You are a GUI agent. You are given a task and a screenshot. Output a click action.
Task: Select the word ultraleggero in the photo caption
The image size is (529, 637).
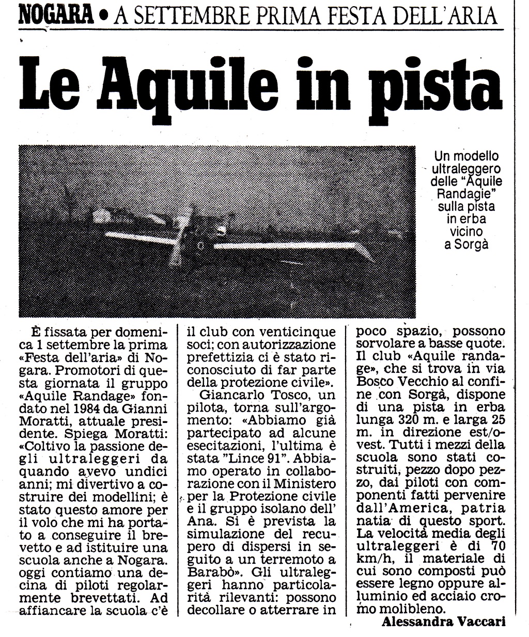click(x=466, y=169)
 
